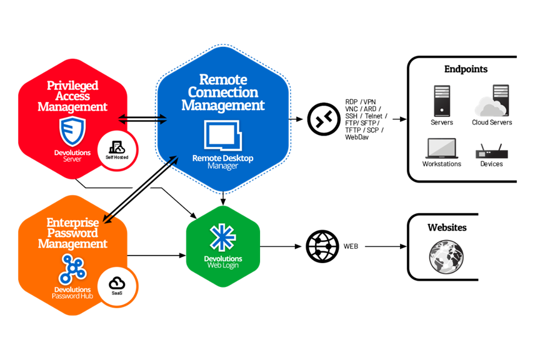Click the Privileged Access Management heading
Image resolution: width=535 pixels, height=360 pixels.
[72, 96]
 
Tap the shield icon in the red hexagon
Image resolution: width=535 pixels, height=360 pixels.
[72, 132]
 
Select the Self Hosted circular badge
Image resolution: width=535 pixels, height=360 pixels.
[117, 150]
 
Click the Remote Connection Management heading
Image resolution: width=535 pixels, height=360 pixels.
[223, 93]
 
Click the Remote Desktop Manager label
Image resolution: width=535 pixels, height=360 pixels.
[223, 162]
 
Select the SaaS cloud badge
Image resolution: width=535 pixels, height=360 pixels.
[117, 286]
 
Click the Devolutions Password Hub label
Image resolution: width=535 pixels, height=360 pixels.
[72, 292]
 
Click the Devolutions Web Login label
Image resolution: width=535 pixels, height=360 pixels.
[223, 262]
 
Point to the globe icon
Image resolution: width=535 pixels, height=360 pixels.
[446, 256]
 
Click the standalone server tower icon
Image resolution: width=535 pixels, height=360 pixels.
[442, 101]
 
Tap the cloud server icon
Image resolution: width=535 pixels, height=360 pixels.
[493, 102]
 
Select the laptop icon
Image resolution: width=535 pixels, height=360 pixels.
[441, 149]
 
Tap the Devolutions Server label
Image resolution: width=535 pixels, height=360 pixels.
[72, 156]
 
